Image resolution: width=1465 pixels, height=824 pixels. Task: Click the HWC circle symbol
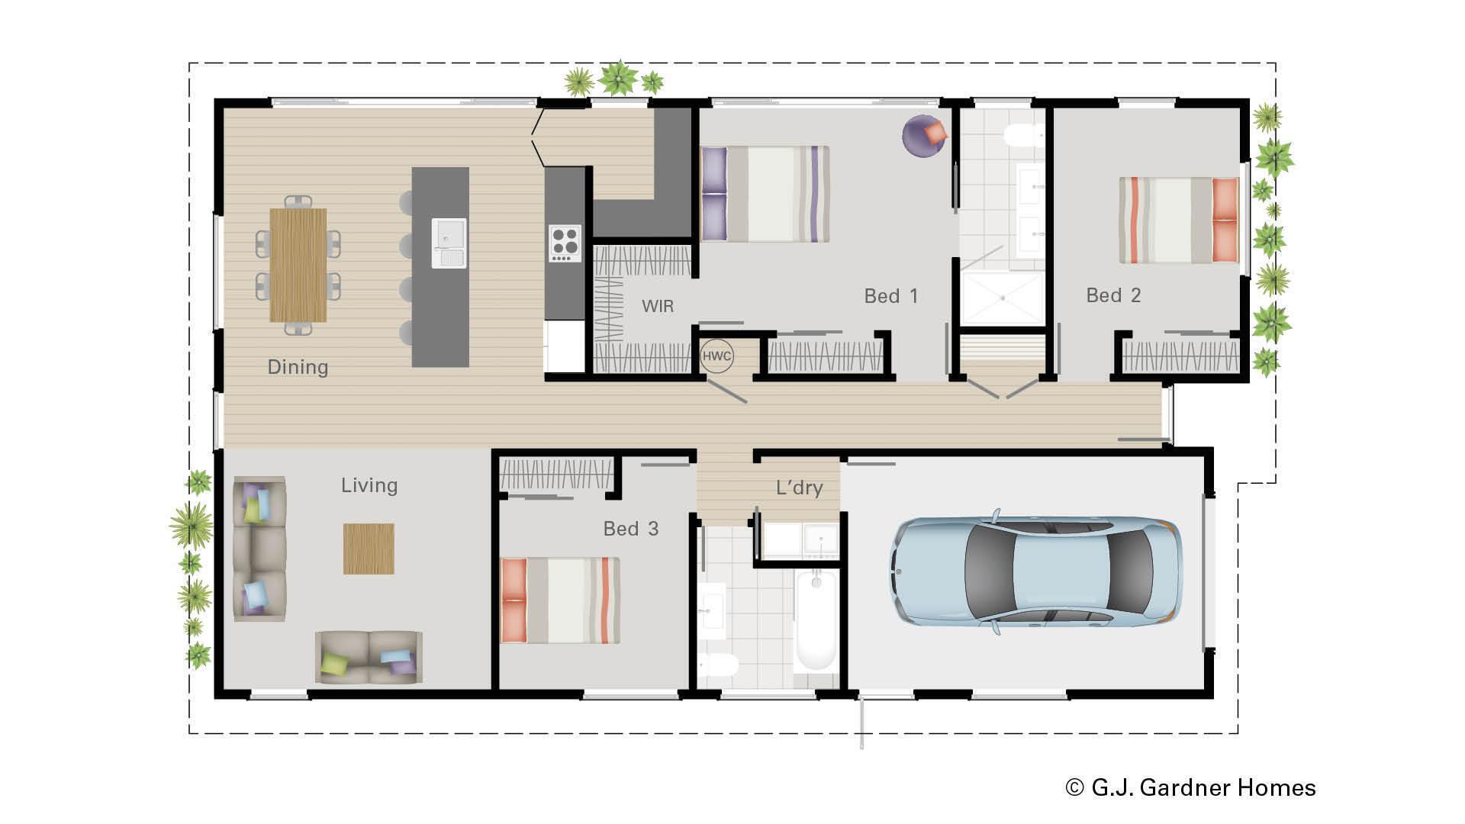(x=716, y=356)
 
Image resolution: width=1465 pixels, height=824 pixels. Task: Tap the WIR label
(x=658, y=307)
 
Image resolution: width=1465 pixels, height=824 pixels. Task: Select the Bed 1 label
(x=890, y=296)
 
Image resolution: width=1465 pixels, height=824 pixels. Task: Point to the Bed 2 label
(x=1113, y=295)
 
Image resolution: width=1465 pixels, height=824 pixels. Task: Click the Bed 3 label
(x=630, y=529)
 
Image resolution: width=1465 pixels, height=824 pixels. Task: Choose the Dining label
(x=298, y=367)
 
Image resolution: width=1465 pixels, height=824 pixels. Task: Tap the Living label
(x=369, y=485)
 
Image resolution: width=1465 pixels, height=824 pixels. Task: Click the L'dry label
(x=799, y=488)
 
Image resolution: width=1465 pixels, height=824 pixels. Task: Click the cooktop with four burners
(x=565, y=243)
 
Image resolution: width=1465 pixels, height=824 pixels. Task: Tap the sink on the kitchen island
(x=449, y=243)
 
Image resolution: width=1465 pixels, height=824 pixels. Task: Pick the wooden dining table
(x=298, y=265)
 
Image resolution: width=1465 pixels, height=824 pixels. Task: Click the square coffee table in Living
(x=369, y=549)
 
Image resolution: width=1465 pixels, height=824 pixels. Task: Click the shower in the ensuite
(x=1001, y=298)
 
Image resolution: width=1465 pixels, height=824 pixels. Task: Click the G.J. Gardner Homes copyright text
(x=1190, y=787)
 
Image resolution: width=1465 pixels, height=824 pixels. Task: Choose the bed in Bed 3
(x=560, y=600)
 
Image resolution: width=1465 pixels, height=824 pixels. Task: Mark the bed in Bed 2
(x=1178, y=220)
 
